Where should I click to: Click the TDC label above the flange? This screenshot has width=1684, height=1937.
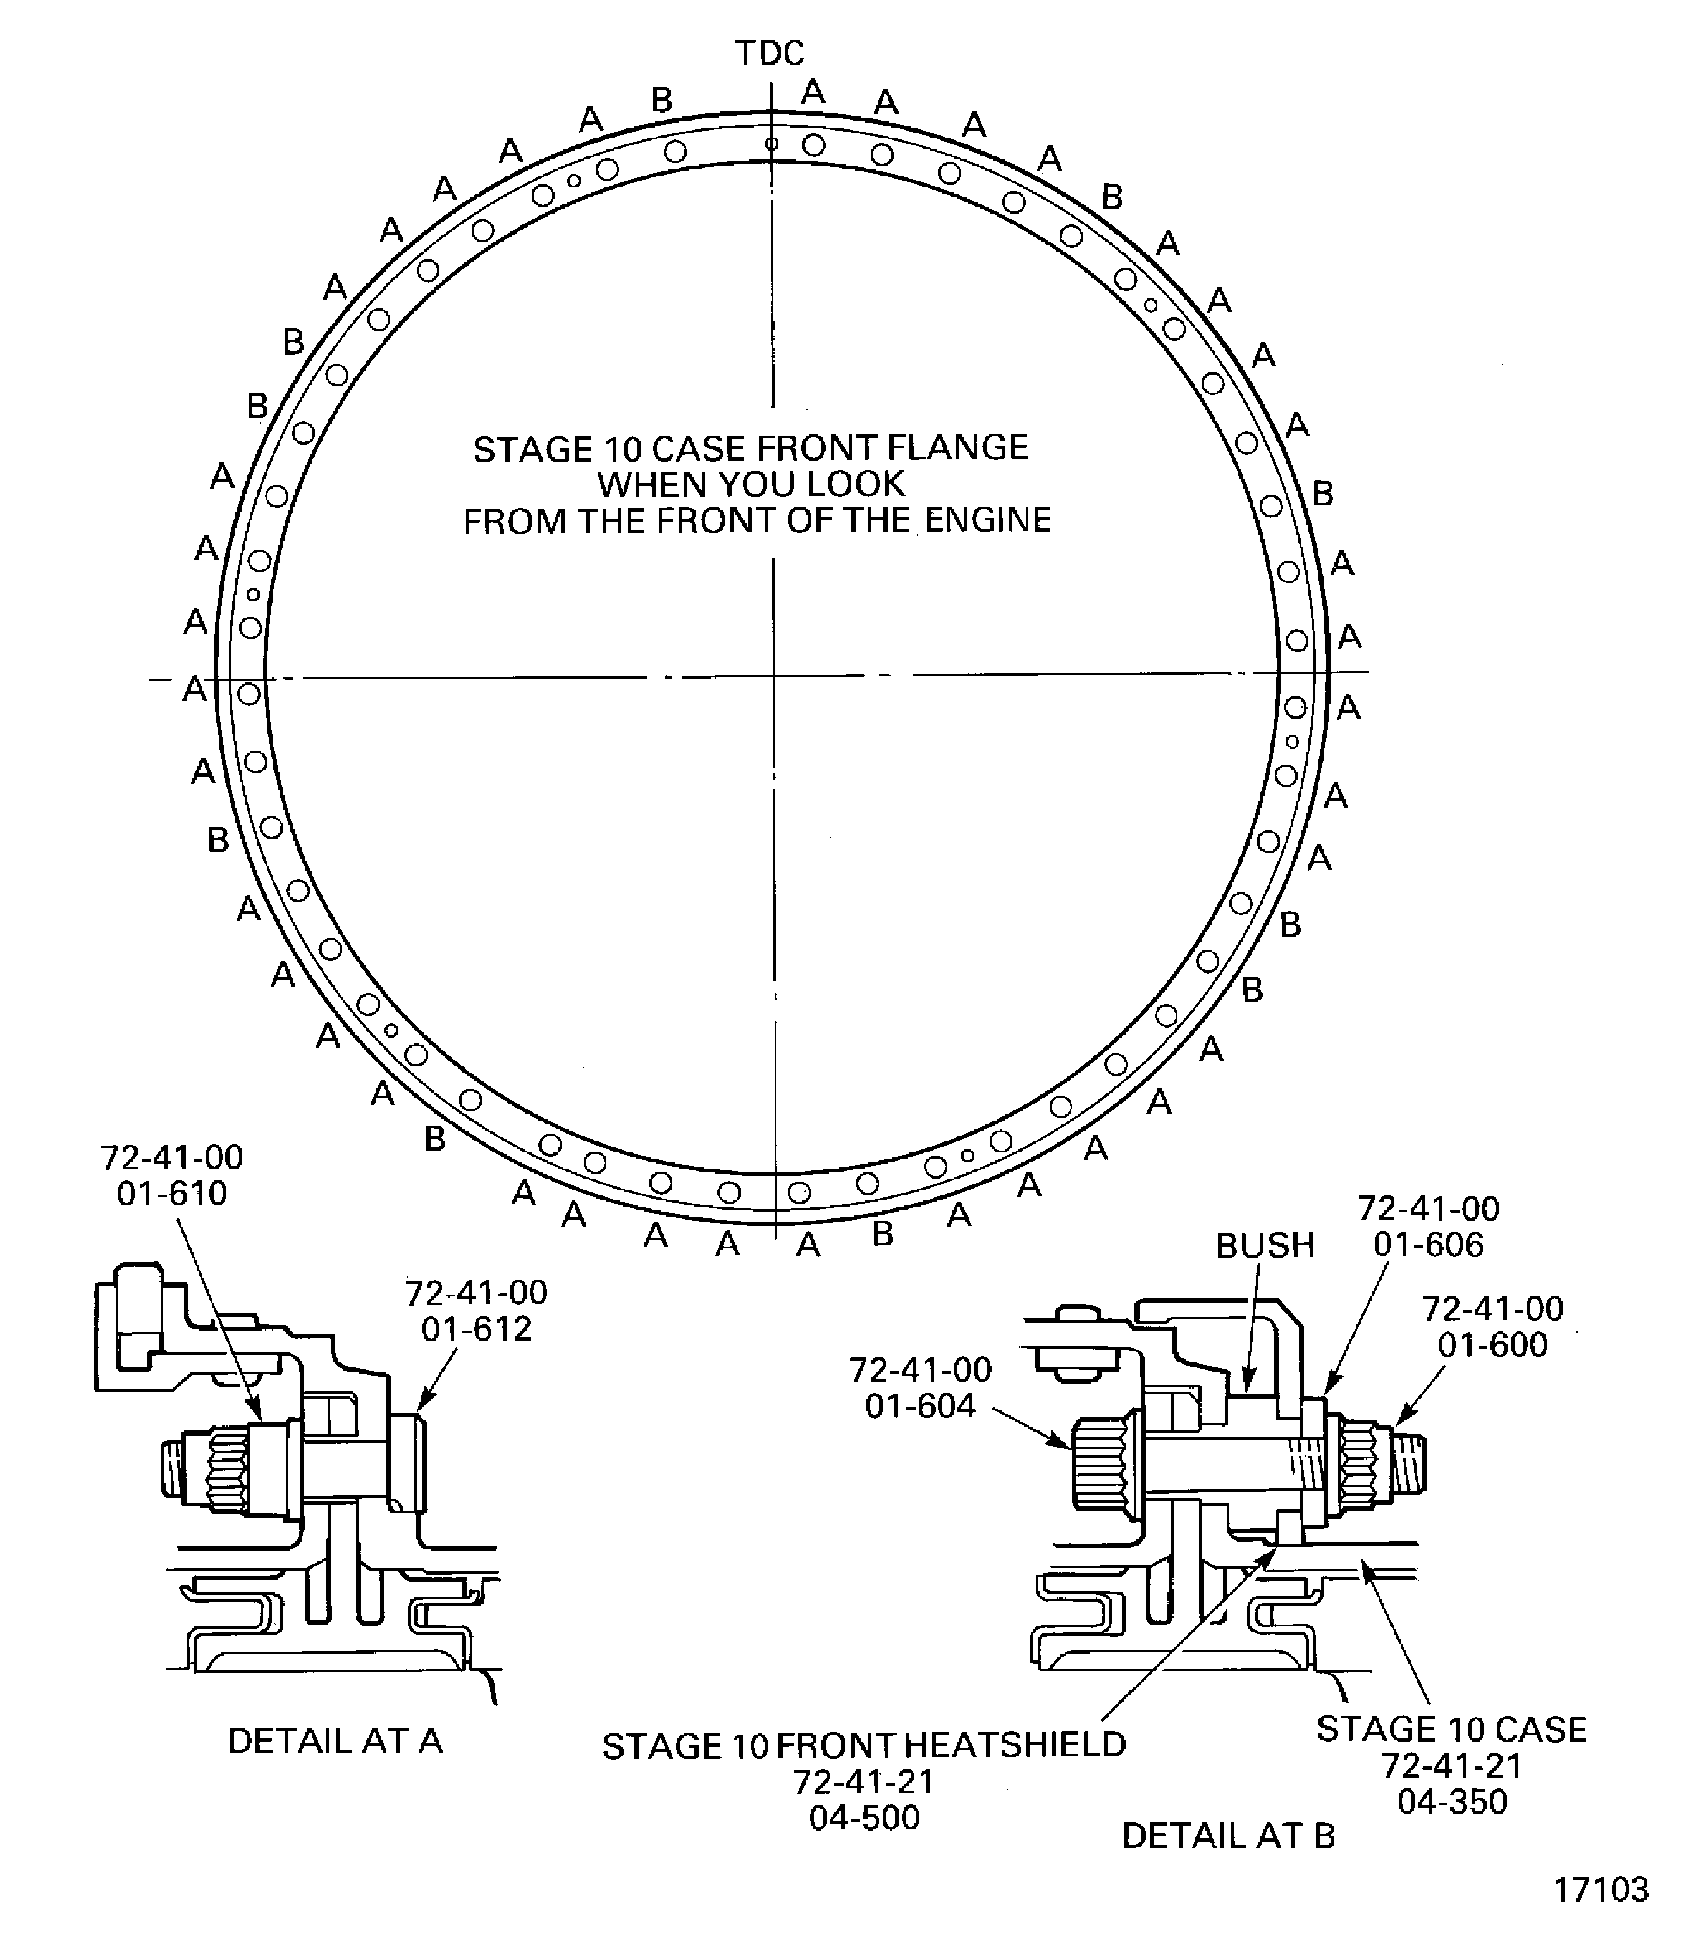770,54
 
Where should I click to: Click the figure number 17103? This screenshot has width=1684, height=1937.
1601,1889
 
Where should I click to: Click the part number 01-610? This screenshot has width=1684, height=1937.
172,1193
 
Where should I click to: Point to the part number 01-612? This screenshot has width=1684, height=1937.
476,1328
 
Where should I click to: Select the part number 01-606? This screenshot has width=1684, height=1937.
1427,1245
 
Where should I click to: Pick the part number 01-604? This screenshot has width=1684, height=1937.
920,1405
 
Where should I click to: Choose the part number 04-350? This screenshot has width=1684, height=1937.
1452,1802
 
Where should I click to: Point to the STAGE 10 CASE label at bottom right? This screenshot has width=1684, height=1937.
1451,1730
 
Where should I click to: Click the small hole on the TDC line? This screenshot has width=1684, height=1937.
771,144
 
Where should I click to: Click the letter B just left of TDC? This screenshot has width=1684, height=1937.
661,100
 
